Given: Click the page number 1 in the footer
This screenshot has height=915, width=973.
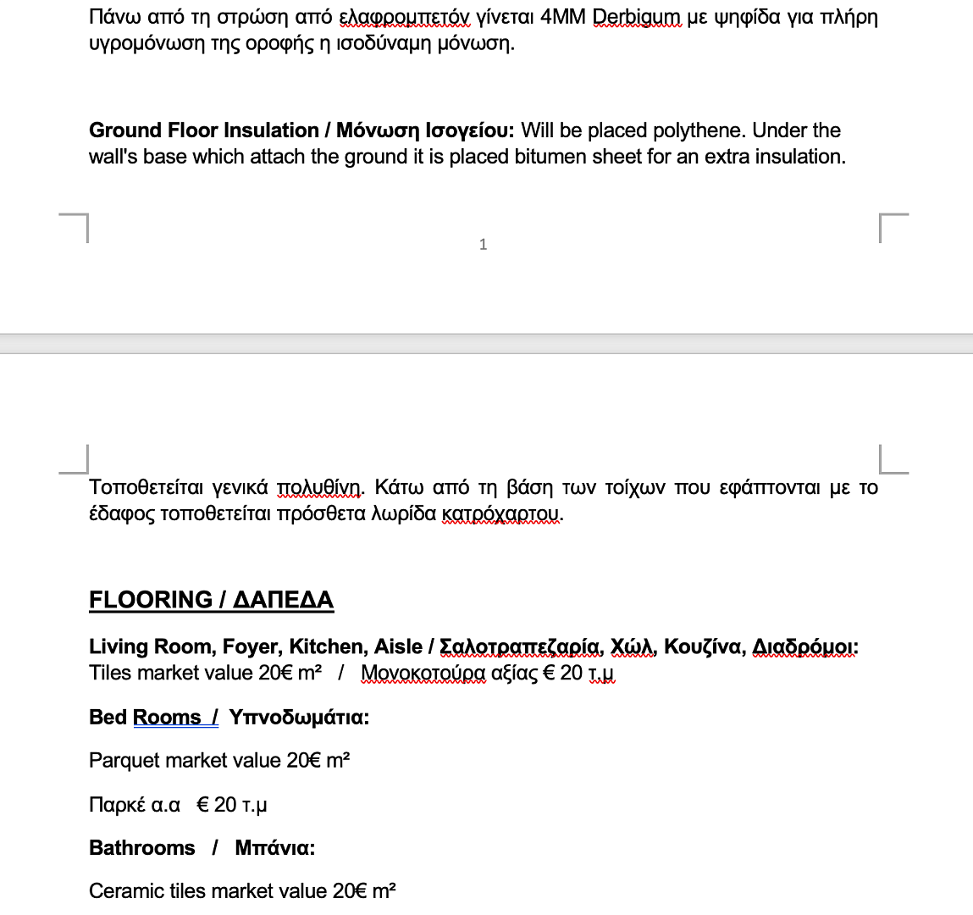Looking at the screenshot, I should click(483, 245).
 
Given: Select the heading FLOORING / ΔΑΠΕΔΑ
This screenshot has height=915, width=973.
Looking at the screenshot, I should click(211, 600).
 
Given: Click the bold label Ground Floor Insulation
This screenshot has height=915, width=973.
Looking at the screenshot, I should click(204, 130).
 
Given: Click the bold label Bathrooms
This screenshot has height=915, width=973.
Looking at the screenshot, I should click(142, 848).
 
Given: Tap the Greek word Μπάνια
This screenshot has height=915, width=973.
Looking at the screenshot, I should click(275, 848).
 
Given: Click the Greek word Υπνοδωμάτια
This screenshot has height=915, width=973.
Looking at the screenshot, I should click(299, 718).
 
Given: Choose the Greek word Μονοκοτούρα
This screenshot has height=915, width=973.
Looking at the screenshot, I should click(423, 674).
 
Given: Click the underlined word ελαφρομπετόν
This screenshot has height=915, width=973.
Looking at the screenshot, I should click(405, 17).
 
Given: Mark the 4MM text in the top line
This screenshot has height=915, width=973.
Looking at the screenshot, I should click(562, 17).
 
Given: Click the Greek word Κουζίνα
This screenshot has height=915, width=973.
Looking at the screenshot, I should click(704, 647).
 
